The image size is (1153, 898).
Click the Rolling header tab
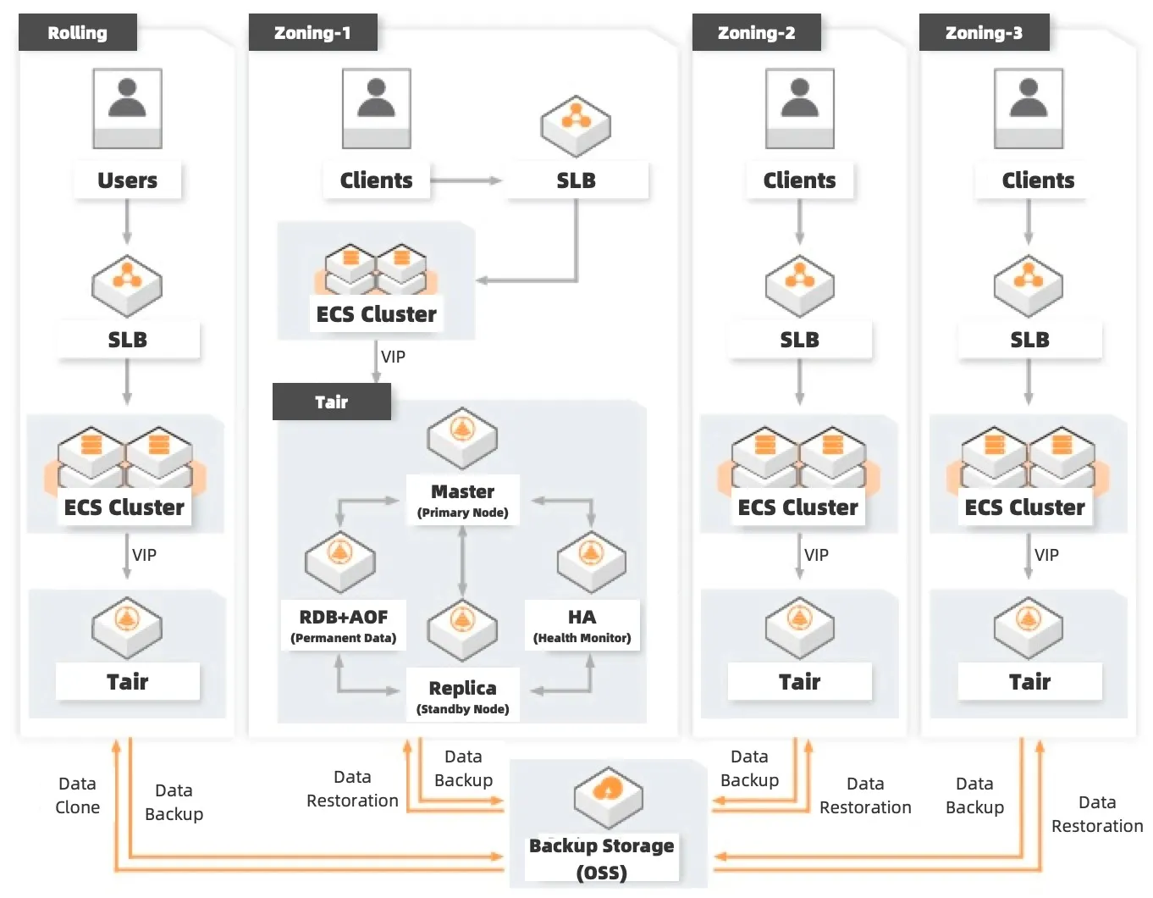point(77,33)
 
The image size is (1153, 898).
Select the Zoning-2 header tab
point(756,33)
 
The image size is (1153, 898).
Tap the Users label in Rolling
point(127,180)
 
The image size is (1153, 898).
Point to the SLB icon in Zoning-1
point(576,125)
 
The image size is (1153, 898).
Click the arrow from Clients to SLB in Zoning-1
point(466,180)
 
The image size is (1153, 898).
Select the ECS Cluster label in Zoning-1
point(376,314)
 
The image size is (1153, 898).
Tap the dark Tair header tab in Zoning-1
point(331,402)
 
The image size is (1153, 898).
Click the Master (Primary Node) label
point(462,500)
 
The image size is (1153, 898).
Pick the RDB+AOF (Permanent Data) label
point(343,625)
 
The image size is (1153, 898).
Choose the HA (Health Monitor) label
point(582,625)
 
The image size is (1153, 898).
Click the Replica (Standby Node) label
point(462,696)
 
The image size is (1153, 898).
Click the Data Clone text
point(77,795)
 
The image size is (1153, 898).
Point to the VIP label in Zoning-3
point(1046,555)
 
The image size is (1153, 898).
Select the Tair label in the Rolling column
point(127,682)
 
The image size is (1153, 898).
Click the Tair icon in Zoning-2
point(799,627)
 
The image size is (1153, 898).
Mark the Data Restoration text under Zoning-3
point(1096,814)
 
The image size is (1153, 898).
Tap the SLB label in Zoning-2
point(799,340)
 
